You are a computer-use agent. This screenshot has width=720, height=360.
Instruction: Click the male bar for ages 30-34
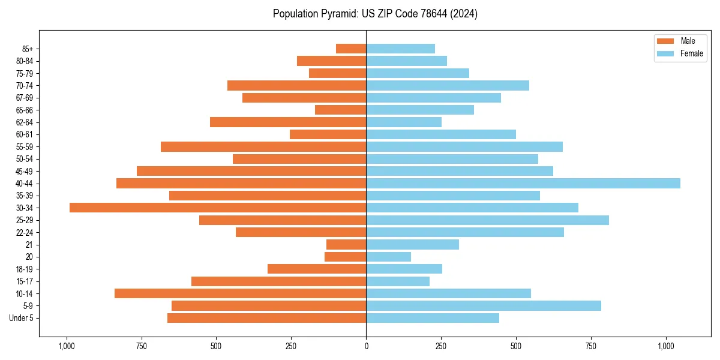click(x=218, y=208)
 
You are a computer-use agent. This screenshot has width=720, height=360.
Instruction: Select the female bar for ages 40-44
click(x=523, y=183)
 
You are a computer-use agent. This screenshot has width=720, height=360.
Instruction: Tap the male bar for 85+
click(x=351, y=49)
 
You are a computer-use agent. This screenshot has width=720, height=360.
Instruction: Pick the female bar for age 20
click(x=389, y=257)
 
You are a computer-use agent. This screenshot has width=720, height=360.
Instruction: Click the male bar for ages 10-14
click(x=240, y=293)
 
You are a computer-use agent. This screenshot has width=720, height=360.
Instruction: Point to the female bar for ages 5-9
click(x=484, y=305)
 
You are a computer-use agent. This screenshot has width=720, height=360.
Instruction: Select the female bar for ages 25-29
click(x=487, y=220)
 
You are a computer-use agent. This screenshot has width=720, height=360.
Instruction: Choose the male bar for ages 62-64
click(x=288, y=122)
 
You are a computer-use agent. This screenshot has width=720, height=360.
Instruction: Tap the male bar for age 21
click(x=346, y=244)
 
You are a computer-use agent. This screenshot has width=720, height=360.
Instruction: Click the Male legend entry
click(x=679, y=41)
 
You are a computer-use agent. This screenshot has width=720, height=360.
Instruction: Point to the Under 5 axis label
click(x=22, y=318)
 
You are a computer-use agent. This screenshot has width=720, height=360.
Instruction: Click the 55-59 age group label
click(x=25, y=146)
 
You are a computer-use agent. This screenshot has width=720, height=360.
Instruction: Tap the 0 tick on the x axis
click(x=366, y=346)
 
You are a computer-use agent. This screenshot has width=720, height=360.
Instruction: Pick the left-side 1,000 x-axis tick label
click(x=66, y=346)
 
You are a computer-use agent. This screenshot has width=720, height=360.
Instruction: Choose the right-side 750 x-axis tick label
click(x=591, y=346)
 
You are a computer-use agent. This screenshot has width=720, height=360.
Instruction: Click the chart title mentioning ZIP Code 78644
click(x=375, y=14)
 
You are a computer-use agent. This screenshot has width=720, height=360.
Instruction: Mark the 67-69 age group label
click(x=25, y=98)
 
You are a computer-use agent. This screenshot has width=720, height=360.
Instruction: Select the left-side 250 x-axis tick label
click(x=291, y=346)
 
